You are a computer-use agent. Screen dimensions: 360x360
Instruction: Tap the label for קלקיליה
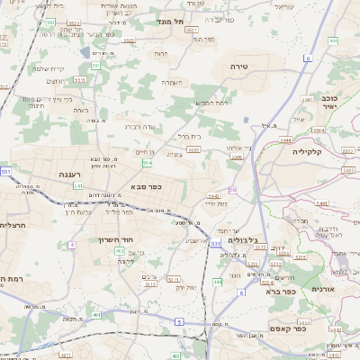[332, 153]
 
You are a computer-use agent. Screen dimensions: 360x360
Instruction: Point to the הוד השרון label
[117, 240]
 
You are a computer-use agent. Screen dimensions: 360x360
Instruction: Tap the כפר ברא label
[280, 291]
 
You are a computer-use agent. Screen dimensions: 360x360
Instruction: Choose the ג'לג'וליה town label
[244, 240]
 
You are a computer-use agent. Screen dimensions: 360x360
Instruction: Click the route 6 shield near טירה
[307, 58]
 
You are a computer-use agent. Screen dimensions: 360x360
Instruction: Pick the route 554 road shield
[146, 163]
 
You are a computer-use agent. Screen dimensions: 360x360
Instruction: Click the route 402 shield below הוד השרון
[120, 251]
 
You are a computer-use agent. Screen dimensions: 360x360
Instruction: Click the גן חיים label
[146, 153]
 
